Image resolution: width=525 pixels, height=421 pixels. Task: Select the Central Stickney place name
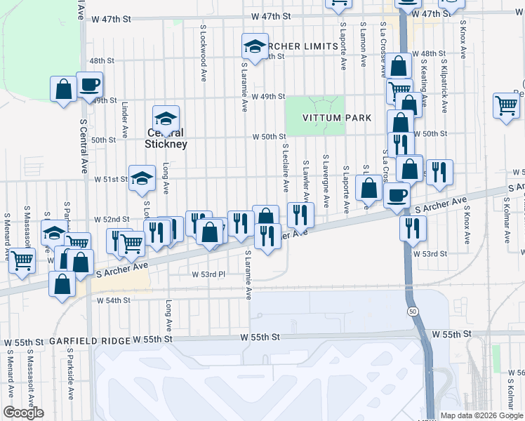coord(166,138)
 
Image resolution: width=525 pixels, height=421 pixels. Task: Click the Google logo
coord(23,413)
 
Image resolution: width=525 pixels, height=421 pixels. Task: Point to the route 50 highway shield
coord(411,310)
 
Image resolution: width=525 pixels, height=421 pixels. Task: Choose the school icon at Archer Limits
coord(255,47)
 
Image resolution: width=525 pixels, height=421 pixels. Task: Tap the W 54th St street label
coord(114,300)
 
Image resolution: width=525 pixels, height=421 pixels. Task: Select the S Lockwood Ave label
coord(203,53)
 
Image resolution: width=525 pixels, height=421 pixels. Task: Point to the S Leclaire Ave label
coord(286,168)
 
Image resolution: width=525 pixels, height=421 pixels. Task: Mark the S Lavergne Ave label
coord(326,181)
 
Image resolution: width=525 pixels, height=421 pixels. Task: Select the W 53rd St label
coord(430,253)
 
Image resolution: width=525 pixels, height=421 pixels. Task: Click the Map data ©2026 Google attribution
coord(481,415)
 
